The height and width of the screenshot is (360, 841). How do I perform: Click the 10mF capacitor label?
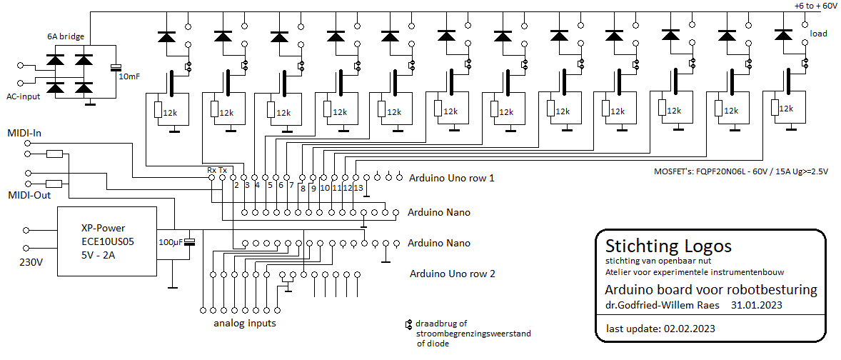pos(130,76)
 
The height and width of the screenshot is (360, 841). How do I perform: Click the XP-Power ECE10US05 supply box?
pos(107,241)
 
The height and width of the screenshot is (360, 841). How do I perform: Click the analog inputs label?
pos(245,324)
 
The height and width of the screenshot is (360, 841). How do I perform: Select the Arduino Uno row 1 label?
pos(451,178)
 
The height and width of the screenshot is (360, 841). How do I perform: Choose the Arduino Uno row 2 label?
pos(453,273)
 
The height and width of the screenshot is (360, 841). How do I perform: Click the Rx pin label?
pos(211,170)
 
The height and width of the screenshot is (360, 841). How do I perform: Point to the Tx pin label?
pos(223,170)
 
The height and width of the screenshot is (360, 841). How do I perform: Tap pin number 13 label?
pos(358,188)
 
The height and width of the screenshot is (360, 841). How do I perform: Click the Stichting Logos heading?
pos(668,246)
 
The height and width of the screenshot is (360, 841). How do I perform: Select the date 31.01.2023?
pos(756,305)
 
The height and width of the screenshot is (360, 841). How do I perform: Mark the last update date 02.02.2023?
pos(690,329)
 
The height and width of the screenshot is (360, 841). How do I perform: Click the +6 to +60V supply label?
pos(815,5)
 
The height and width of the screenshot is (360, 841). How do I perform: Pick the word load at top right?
pos(819,34)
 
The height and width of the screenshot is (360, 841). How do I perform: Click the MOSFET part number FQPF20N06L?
pos(727,171)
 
